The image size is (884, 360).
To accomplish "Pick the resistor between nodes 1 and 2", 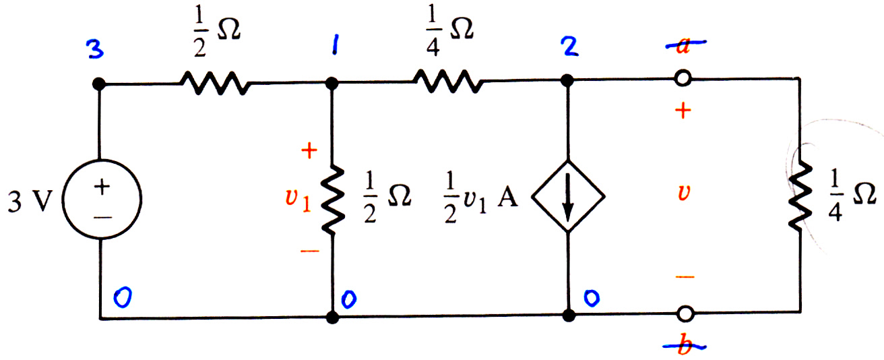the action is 448,81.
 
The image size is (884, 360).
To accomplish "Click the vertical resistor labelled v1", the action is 333,200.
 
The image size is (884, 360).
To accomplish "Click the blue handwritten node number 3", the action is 95,49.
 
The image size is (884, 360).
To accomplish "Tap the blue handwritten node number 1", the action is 334,45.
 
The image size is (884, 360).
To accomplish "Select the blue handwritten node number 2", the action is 569,47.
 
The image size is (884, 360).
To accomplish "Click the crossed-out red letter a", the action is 685,45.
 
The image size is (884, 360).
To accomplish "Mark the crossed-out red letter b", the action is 685,347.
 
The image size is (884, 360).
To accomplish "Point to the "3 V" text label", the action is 30,202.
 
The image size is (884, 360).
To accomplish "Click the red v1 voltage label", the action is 298,200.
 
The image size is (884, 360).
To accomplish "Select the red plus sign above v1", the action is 309,150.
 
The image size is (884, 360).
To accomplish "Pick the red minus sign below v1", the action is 309,251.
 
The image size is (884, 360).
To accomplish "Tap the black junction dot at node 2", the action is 567,80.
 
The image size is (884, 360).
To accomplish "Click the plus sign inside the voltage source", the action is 102,187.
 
